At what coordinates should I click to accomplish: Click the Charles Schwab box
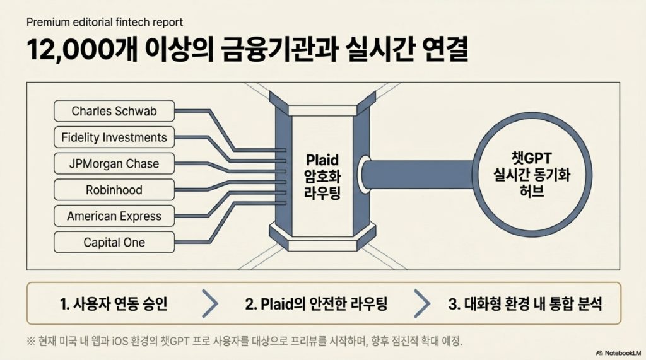(x=114, y=111)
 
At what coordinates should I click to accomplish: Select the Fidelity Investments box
(x=114, y=137)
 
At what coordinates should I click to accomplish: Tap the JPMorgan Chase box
(x=114, y=163)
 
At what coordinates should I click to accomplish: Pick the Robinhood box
(x=114, y=190)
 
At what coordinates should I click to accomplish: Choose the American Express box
(x=114, y=216)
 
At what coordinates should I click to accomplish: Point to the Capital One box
(x=114, y=242)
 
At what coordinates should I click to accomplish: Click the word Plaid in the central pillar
(x=322, y=160)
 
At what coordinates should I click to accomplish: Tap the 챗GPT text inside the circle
(x=531, y=158)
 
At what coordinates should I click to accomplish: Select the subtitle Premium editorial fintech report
(x=105, y=22)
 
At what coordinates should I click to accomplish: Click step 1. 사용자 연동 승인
(x=114, y=304)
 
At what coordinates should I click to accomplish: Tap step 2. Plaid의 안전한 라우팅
(x=316, y=304)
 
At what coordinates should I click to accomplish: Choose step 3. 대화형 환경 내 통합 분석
(x=525, y=304)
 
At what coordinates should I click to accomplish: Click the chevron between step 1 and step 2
(x=210, y=303)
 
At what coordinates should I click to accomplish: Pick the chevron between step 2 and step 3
(x=422, y=303)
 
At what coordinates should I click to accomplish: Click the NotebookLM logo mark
(x=599, y=353)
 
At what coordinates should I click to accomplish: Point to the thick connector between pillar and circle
(x=418, y=175)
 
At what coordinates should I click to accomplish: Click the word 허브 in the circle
(x=531, y=190)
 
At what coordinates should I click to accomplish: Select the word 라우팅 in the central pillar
(x=322, y=193)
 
